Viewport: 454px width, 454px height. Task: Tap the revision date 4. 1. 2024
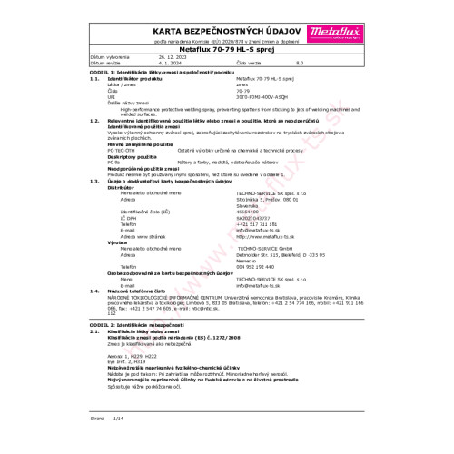point(170,61)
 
